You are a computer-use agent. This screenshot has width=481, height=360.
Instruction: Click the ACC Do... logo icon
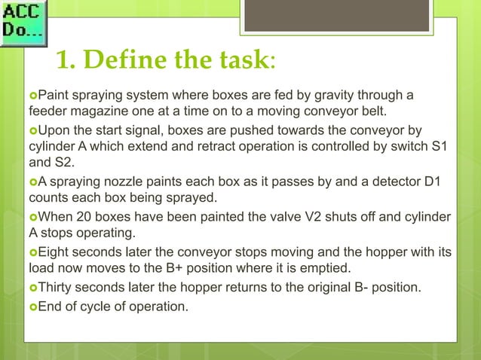[23, 23]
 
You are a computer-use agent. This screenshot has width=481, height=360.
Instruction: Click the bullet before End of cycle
[32, 306]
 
